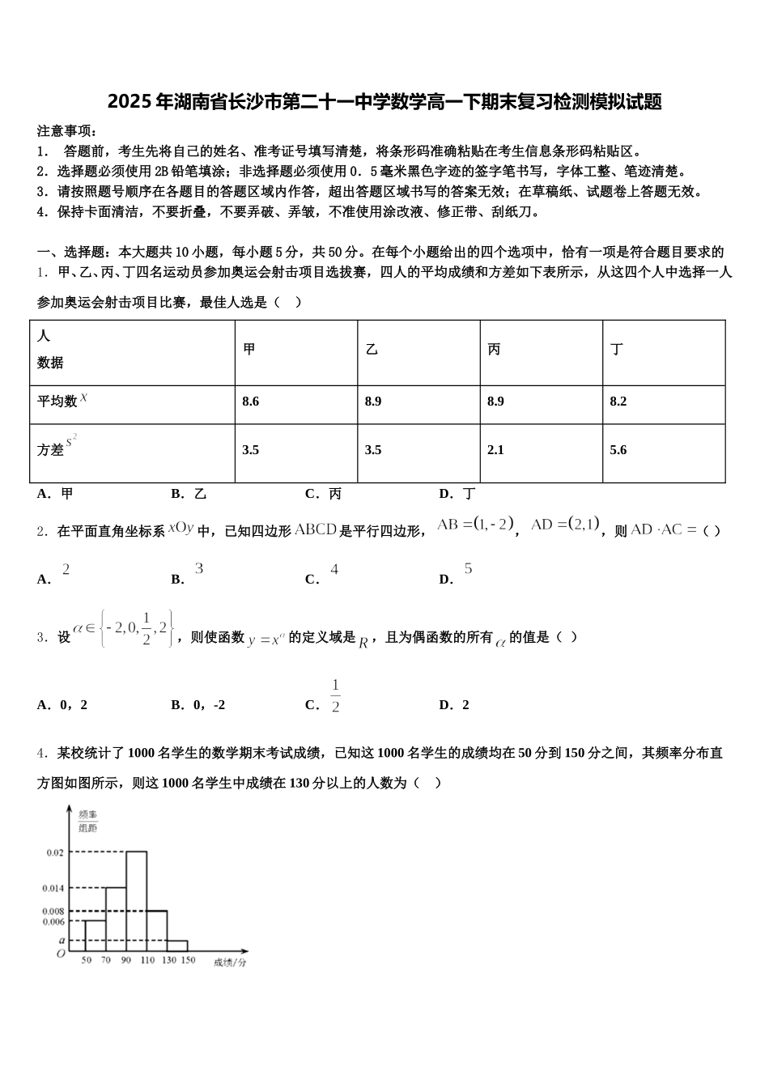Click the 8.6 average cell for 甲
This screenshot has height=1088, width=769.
point(251,402)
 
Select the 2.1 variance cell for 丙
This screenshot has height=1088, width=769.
point(495,450)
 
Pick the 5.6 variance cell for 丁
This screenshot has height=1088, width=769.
point(618,450)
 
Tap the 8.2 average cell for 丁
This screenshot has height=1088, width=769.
point(618,402)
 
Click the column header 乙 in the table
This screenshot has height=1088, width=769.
point(372,350)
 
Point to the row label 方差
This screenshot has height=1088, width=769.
point(51,450)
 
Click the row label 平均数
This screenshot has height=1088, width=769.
point(57,401)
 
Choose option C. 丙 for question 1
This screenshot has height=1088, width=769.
point(323,494)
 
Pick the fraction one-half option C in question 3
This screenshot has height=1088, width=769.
point(334,697)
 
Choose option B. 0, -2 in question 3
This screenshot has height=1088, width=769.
point(198,705)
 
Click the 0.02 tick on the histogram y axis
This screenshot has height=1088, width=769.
point(54,852)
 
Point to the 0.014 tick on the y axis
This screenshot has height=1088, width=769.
point(53,888)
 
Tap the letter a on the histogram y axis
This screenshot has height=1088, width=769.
point(62,940)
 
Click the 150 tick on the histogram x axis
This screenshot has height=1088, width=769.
point(188,960)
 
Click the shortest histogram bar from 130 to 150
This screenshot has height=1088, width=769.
point(177,946)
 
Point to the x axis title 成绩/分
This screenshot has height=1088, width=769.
point(230,963)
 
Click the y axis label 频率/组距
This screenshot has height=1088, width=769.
point(87,819)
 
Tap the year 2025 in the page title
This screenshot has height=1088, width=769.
point(130,102)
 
